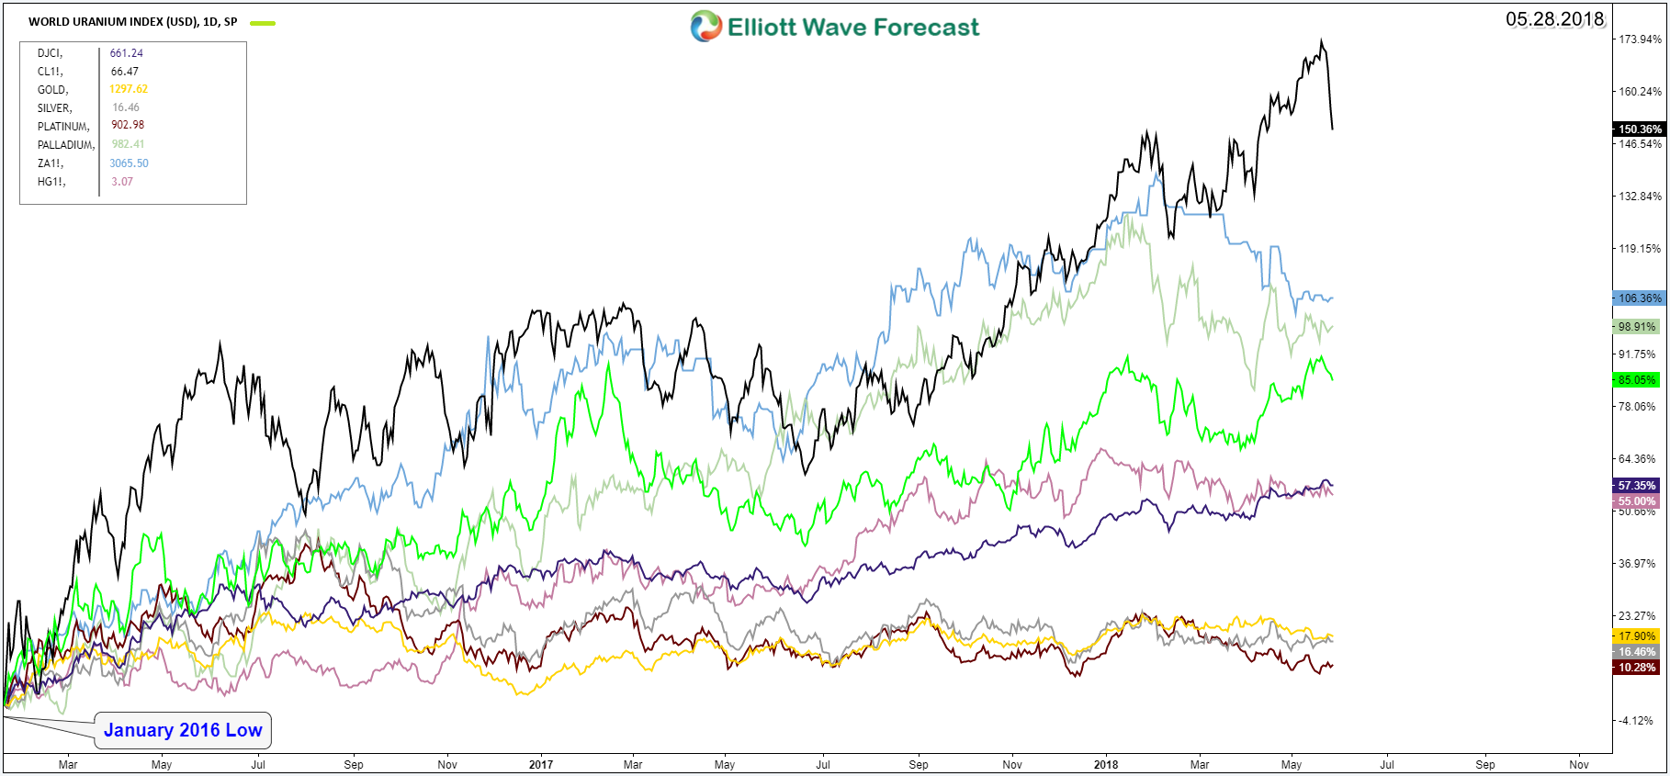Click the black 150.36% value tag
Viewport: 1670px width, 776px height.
point(1638,129)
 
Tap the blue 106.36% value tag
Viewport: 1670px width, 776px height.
point(1638,298)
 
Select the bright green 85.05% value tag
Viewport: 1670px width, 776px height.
point(1636,380)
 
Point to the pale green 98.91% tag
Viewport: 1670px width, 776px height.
point(1636,327)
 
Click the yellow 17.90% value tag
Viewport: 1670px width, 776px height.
point(1636,636)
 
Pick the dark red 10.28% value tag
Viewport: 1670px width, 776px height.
point(1636,668)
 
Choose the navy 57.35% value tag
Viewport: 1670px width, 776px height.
point(1636,486)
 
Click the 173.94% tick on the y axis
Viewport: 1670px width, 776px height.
point(1640,39)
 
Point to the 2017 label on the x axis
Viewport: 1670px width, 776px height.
point(541,764)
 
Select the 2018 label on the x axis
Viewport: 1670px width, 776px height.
point(1106,764)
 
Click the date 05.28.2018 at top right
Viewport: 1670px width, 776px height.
point(1554,19)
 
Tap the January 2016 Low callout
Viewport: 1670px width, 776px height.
point(183,730)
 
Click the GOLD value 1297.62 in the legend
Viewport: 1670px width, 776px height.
point(129,89)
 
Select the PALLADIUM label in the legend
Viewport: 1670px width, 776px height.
point(65,145)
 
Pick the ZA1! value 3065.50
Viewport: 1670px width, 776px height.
point(129,163)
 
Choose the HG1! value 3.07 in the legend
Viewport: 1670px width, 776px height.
point(122,182)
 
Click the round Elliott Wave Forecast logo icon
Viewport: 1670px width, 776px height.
point(705,27)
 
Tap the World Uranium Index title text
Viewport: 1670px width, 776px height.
point(132,22)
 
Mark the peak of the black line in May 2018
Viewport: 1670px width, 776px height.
point(1321,40)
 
